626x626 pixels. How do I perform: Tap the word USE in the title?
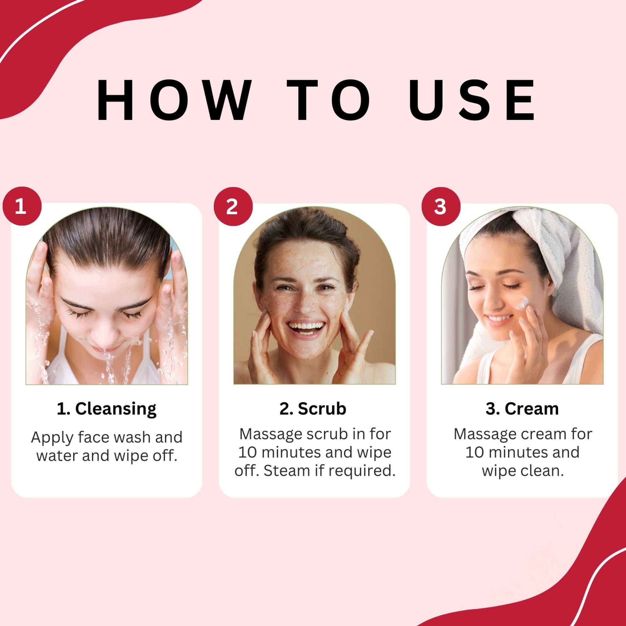(471, 100)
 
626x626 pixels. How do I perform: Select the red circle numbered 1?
(22, 206)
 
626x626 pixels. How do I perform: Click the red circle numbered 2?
(233, 206)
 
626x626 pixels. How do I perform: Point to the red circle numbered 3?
(441, 206)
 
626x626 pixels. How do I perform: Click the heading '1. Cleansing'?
(107, 409)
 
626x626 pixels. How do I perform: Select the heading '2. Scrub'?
(313, 408)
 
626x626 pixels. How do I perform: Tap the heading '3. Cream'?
(522, 408)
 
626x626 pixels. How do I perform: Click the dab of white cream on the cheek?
(522, 303)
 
